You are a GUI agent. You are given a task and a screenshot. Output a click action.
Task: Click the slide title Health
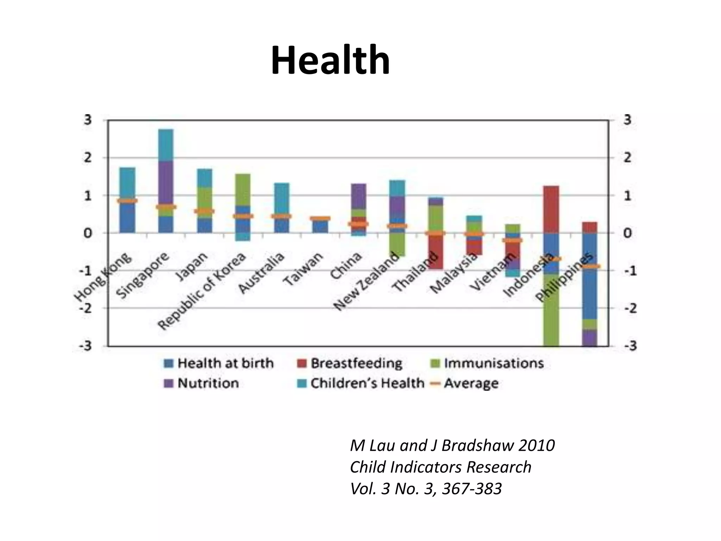tap(330, 61)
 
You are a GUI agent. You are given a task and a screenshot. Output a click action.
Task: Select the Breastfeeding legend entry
tap(350, 363)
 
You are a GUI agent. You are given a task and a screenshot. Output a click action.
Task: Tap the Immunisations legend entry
tap(487, 363)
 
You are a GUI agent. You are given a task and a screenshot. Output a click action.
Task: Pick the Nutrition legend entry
tap(202, 383)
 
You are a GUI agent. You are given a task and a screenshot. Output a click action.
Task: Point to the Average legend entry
tap(465, 383)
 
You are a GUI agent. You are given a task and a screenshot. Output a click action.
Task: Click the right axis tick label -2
tap(630, 308)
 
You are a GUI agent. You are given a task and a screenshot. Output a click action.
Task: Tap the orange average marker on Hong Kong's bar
tap(127, 201)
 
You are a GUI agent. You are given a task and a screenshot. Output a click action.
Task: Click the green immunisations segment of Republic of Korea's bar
tap(243, 189)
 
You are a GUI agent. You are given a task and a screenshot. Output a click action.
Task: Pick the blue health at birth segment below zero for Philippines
tap(590, 282)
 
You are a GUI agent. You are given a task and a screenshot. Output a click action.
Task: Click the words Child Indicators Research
tap(440, 467)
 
